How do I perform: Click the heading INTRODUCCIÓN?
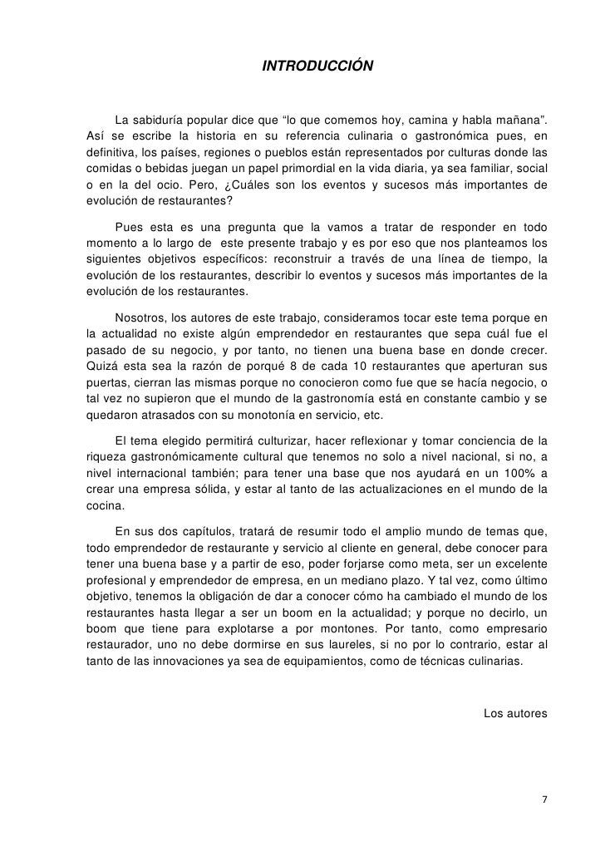coord(317,65)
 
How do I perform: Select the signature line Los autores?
coord(515,713)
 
